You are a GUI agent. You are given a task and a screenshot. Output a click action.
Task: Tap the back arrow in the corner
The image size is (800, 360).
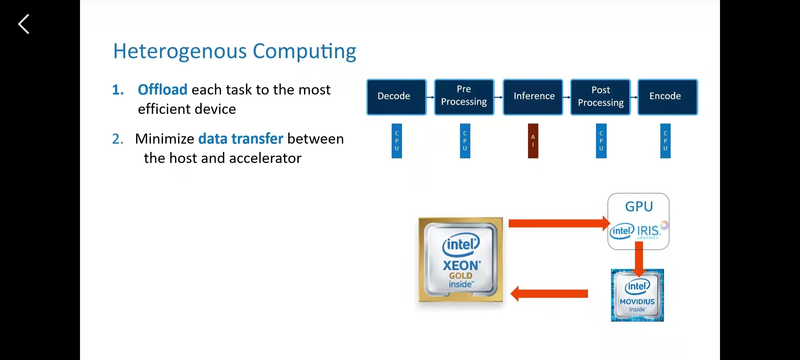(x=24, y=24)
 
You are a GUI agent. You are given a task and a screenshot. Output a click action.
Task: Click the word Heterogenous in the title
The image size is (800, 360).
(x=180, y=51)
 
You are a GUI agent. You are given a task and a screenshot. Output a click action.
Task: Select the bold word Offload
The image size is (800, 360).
(x=163, y=90)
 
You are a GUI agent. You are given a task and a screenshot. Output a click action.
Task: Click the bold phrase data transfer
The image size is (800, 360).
(x=241, y=139)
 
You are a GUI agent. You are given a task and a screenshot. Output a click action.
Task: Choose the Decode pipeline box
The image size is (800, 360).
(x=396, y=97)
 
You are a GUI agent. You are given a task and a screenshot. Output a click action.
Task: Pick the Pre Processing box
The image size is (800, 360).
(x=464, y=97)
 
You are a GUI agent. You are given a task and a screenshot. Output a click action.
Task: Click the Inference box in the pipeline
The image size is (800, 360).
(x=533, y=97)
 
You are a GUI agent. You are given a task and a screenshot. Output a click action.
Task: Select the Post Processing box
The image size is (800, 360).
(x=600, y=97)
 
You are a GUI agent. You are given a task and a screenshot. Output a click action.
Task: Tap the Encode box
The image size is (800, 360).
(x=667, y=97)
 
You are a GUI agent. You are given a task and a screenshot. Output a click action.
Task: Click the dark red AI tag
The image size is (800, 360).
(x=533, y=141)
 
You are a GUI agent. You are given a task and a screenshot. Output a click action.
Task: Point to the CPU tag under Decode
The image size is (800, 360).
(x=397, y=141)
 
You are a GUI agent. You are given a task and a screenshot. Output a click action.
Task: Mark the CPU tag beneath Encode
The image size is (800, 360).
(x=665, y=141)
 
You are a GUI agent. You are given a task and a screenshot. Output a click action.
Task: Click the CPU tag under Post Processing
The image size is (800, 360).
(x=601, y=141)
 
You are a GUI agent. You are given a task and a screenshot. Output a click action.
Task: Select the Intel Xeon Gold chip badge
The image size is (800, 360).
(x=461, y=260)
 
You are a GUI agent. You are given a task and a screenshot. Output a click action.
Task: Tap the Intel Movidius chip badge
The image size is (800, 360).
(x=637, y=295)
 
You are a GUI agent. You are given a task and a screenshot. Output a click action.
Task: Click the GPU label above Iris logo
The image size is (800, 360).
(x=639, y=207)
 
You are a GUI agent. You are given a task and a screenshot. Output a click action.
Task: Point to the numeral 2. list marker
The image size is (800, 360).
(x=118, y=139)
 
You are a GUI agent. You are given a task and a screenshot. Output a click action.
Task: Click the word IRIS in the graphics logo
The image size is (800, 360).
(x=648, y=231)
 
